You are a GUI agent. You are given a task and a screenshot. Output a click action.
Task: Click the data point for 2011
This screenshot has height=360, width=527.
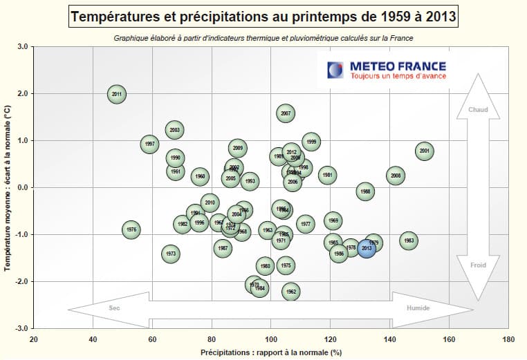point(117,94)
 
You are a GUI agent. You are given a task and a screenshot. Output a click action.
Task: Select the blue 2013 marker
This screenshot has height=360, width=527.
point(367,248)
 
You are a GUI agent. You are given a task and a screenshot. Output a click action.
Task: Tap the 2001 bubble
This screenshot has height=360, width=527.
point(425,151)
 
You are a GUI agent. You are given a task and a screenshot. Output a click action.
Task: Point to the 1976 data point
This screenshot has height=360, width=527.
point(131,229)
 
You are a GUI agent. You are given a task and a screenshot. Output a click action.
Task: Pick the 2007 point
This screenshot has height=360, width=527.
point(286,113)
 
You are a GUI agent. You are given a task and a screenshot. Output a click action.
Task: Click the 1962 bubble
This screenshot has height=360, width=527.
point(291,292)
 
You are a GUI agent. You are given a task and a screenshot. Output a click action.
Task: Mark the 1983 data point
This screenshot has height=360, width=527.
point(409,240)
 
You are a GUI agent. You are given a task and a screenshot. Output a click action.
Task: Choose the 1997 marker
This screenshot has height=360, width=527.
point(150,144)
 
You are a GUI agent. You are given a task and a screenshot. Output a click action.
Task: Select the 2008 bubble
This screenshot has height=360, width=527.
point(396,176)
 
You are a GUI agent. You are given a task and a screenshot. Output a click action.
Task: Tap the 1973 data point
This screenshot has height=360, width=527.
point(172,254)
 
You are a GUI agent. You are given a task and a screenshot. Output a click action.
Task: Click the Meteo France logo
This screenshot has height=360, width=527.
point(389,70)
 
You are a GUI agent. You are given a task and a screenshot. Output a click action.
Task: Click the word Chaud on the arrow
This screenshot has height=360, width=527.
point(478,110)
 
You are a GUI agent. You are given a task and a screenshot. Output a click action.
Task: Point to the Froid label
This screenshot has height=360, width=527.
point(478,265)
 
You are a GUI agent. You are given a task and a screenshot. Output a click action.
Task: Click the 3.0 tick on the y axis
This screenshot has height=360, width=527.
point(22,47)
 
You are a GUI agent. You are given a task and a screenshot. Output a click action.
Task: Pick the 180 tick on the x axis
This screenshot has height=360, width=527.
point(508,339)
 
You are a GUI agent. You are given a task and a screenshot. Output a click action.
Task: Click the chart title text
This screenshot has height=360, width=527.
point(263,16)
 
